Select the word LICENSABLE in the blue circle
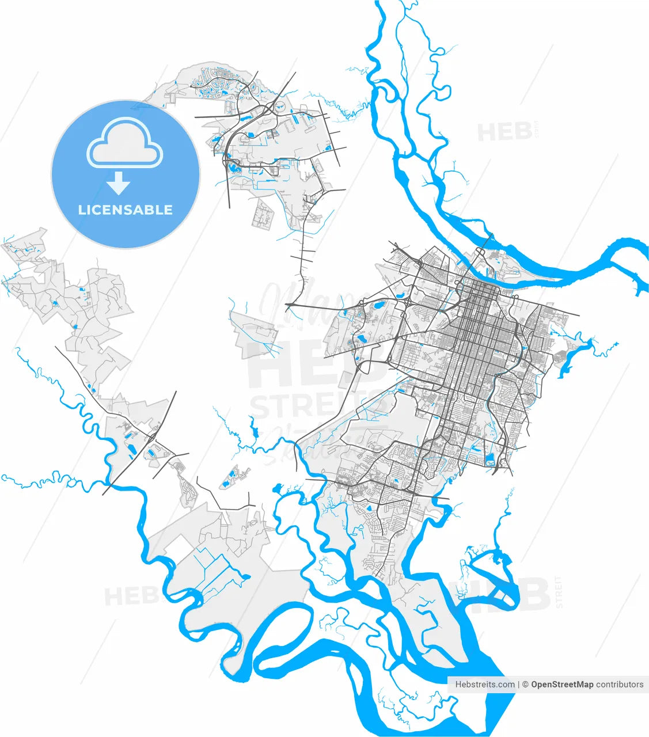pos(126,210)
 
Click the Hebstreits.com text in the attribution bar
pos(485,685)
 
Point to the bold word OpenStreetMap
pos(561,685)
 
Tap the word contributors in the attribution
pos(620,685)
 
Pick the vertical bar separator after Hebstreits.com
pos(519,685)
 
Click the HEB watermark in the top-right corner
pos(504,132)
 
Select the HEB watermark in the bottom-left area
pos(130,596)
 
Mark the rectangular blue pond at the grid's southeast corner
pos(490,459)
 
